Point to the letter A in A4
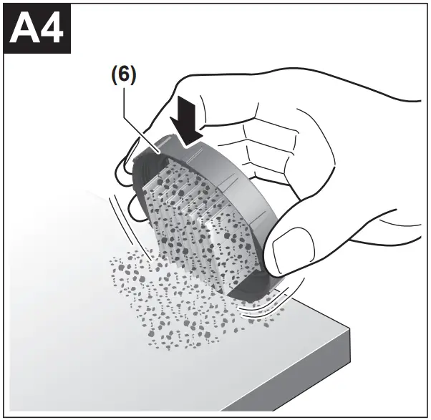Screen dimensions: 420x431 [x=27, y=31]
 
